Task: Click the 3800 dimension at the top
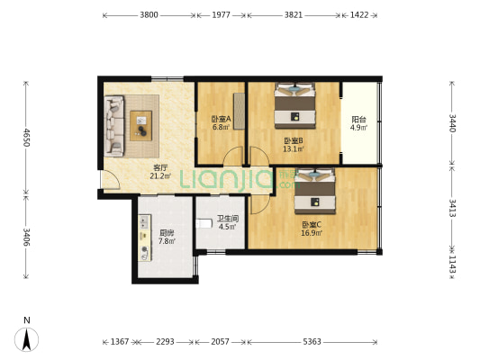coord(149,15)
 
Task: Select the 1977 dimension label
coord(222,15)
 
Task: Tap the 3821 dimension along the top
coord(294,15)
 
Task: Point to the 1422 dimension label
coord(359,15)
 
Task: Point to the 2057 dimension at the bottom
coord(222,342)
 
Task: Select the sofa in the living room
coord(114,125)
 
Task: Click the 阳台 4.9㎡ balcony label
coord(358,122)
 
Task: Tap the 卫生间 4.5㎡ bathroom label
coord(225,222)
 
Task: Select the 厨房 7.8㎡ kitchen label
coord(166,237)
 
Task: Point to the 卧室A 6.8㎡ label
coord(221,122)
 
